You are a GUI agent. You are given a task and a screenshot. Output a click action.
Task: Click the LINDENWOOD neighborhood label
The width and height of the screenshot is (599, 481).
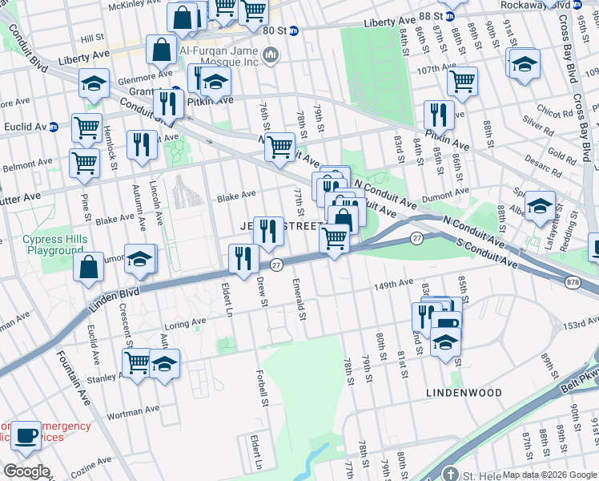(464, 393)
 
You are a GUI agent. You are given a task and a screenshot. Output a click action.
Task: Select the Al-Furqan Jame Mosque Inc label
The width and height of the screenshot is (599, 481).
(219, 55)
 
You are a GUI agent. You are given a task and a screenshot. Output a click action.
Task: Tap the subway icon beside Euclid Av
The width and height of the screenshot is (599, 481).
(54, 127)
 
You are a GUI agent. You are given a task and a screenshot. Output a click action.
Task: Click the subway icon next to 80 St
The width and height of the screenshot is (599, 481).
(293, 30)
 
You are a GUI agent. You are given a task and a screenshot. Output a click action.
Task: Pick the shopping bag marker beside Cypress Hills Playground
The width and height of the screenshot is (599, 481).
(88, 266)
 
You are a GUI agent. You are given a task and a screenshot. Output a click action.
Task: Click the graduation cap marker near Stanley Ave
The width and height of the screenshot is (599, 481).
(164, 364)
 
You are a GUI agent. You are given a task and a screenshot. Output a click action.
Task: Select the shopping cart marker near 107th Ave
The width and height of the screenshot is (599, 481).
(462, 79)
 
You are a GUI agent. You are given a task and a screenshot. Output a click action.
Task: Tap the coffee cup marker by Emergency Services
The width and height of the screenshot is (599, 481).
(26, 435)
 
